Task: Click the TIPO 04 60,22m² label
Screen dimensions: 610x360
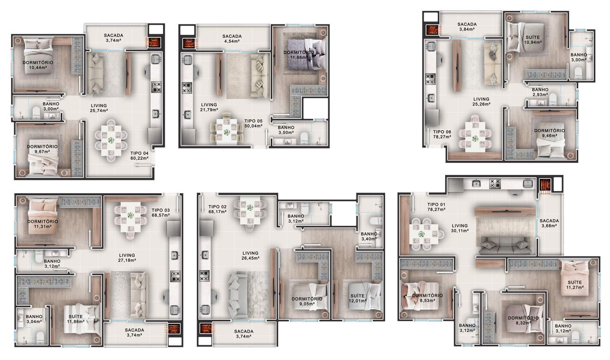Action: (x=139, y=155)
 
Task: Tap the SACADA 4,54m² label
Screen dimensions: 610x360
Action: (x=232, y=39)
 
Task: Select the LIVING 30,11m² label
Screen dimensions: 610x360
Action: (x=460, y=228)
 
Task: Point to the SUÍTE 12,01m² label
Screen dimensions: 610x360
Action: (x=357, y=298)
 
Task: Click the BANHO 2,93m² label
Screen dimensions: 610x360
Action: (x=540, y=92)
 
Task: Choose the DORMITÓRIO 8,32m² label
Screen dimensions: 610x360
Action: (x=523, y=320)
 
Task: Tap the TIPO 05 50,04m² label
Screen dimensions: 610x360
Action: (x=253, y=123)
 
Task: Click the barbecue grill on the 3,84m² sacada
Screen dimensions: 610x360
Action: (x=432, y=30)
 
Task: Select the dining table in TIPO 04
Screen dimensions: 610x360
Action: (x=111, y=141)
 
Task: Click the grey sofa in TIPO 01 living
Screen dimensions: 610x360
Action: (x=506, y=246)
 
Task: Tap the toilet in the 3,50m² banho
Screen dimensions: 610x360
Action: (x=304, y=138)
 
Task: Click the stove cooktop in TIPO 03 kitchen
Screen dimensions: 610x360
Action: (x=175, y=276)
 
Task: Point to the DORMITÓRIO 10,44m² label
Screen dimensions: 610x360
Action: (x=38, y=65)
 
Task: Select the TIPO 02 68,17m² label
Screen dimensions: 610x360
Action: (x=217, y=209)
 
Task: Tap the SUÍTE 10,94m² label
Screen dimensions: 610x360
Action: (x=533, y=40)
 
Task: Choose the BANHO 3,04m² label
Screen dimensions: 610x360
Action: (x=34, y=319)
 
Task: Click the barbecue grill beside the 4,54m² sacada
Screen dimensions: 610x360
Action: (x=188, y=43)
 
